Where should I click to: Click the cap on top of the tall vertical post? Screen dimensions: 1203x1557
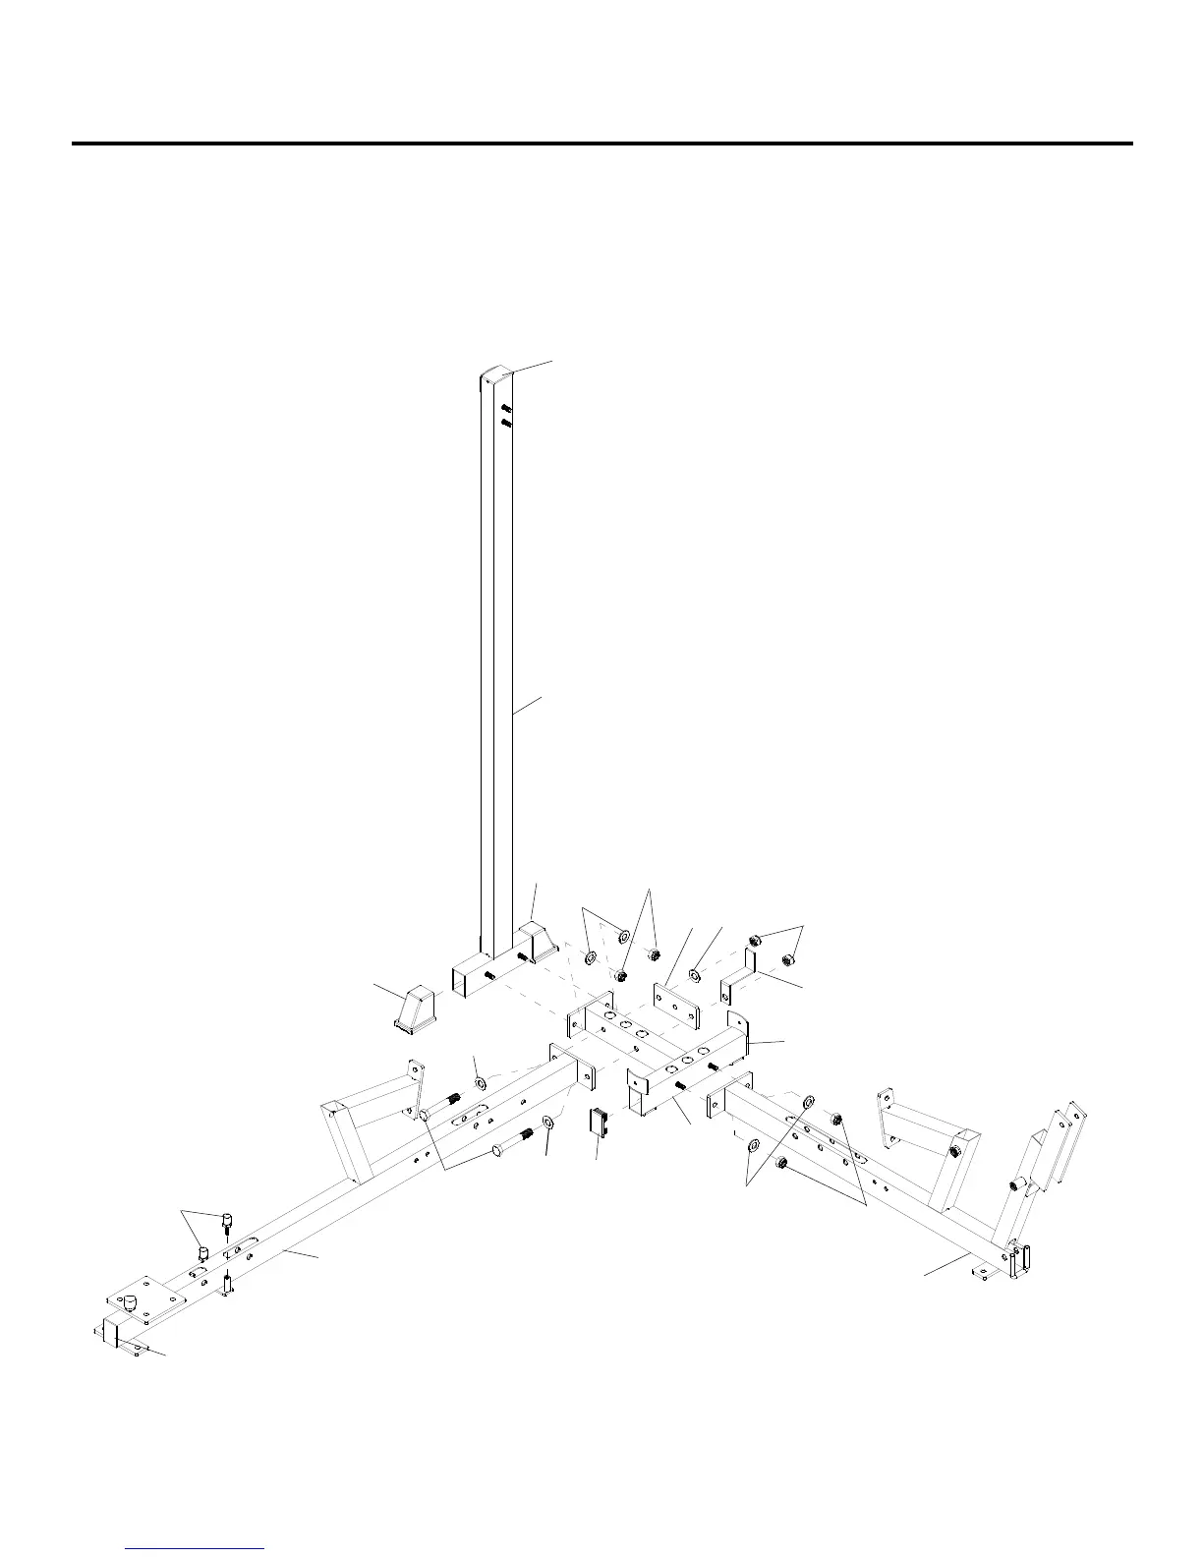coord(496,375)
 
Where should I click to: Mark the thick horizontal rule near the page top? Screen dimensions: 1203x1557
coord(601,144)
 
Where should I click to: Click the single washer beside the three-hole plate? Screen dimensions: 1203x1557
coord(694,975)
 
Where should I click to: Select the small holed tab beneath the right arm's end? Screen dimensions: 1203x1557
coord(978,1275)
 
